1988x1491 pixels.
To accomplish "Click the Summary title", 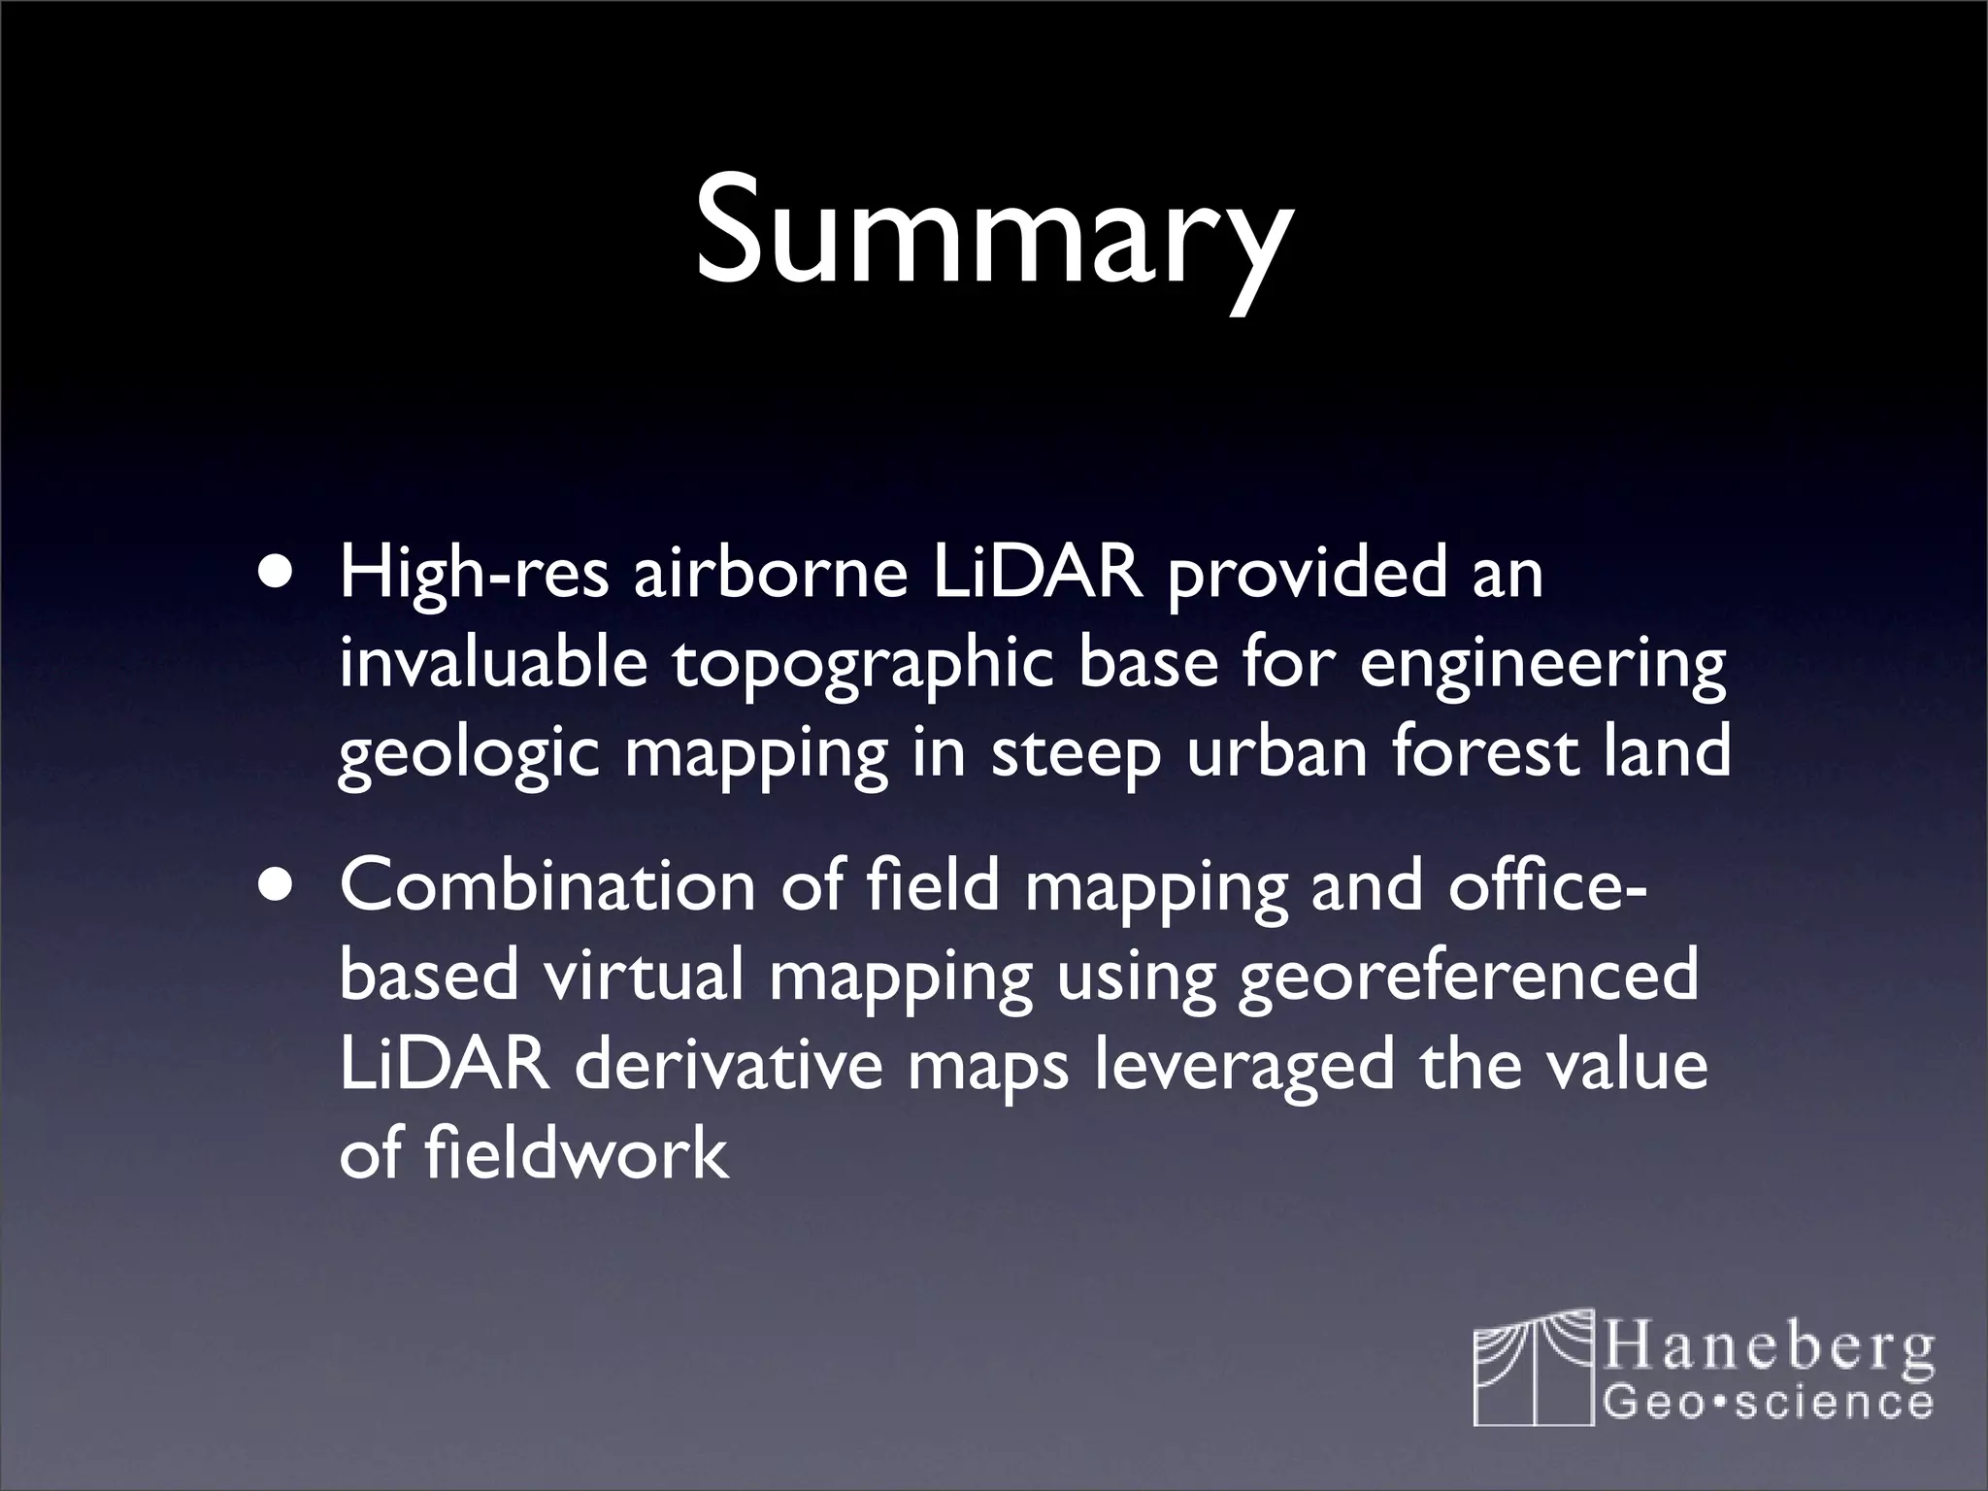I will [993, 233].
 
